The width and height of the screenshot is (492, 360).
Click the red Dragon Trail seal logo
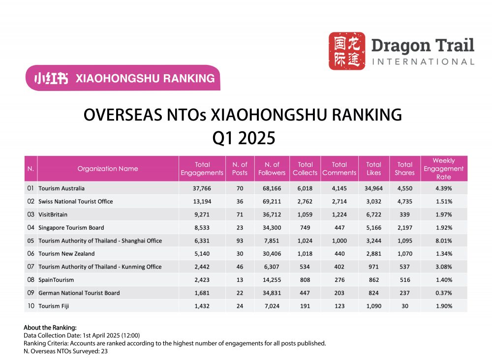347,51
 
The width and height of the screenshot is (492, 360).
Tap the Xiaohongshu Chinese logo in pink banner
51,78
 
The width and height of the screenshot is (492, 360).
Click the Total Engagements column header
202,169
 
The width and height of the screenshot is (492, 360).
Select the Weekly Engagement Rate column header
443,169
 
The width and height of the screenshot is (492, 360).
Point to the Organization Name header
108,169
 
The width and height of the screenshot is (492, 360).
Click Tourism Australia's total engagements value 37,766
202,188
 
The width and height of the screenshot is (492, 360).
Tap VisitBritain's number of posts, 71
240,214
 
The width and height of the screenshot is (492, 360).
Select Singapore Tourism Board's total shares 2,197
404,228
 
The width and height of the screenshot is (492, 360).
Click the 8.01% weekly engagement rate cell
443,241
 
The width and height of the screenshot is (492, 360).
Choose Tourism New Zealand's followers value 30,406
272,254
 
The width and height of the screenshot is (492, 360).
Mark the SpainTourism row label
56,280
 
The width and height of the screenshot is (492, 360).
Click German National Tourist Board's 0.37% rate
443,293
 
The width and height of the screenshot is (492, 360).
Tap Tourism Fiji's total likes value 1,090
373,306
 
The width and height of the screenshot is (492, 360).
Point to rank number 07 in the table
31,267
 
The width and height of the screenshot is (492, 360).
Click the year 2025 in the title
256,138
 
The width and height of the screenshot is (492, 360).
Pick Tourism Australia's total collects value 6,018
305,188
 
